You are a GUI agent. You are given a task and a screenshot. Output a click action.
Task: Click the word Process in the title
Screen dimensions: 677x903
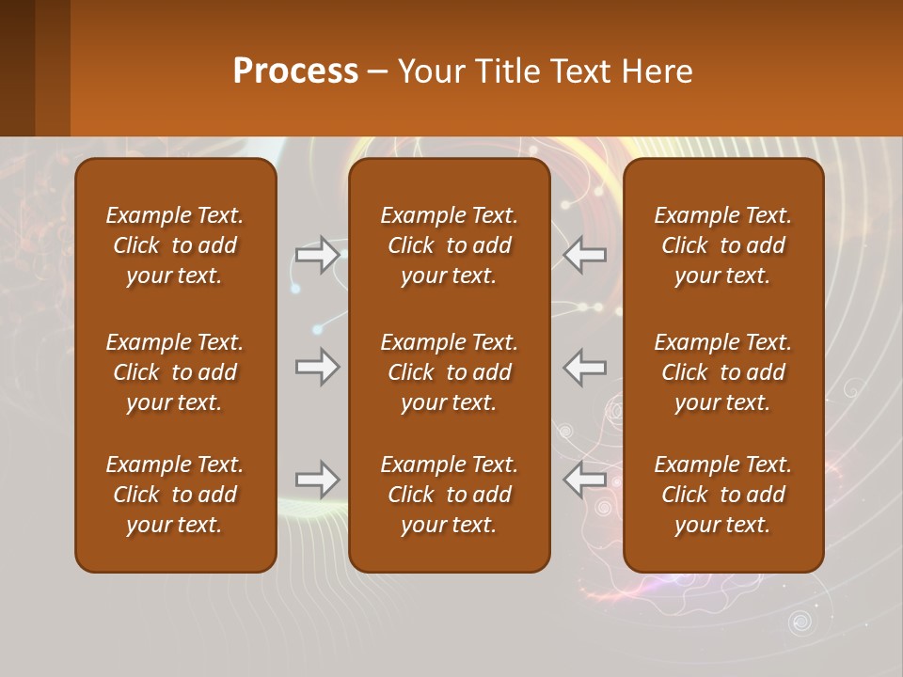[295, 71]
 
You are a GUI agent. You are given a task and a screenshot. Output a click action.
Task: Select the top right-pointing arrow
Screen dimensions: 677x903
[317, 255]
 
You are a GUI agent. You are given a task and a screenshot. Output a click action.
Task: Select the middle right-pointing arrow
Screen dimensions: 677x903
[317, 366]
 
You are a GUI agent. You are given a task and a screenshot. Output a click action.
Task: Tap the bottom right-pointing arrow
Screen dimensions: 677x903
[317, 480]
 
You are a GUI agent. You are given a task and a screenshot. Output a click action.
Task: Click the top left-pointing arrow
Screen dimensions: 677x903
[585, 255]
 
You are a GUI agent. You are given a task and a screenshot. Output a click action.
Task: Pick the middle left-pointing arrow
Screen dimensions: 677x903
[585, 366]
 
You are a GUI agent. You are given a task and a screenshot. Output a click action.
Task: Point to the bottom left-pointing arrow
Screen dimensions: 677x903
[585, 480]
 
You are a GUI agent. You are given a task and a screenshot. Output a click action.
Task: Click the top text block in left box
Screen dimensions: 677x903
[175, 245]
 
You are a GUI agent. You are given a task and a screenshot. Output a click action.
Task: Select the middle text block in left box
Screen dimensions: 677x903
[175, 372]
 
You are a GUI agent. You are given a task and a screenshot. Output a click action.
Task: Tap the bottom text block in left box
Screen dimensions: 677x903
[175, 495]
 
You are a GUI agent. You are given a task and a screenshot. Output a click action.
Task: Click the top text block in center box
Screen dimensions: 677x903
[449, 245]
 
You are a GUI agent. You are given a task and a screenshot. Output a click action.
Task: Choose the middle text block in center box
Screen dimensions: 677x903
[449, 372]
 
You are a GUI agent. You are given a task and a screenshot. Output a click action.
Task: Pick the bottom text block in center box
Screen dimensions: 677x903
[449, 495]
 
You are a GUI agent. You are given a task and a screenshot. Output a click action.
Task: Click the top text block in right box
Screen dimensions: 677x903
[722, 245]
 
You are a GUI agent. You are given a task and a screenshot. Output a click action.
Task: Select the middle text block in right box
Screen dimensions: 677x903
[722, 372]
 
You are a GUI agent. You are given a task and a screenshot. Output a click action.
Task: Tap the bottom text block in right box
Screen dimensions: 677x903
[722, 495]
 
